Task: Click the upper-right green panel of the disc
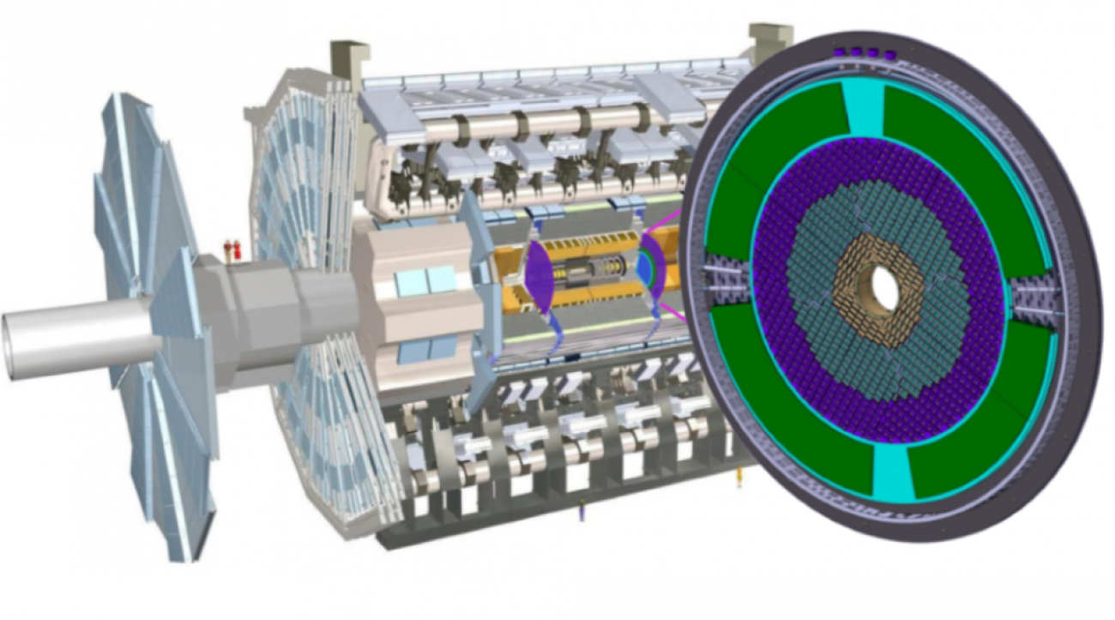click(961, 146)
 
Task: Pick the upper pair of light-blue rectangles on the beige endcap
click(425, 279)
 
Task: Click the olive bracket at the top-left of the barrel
click(349, 60)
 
